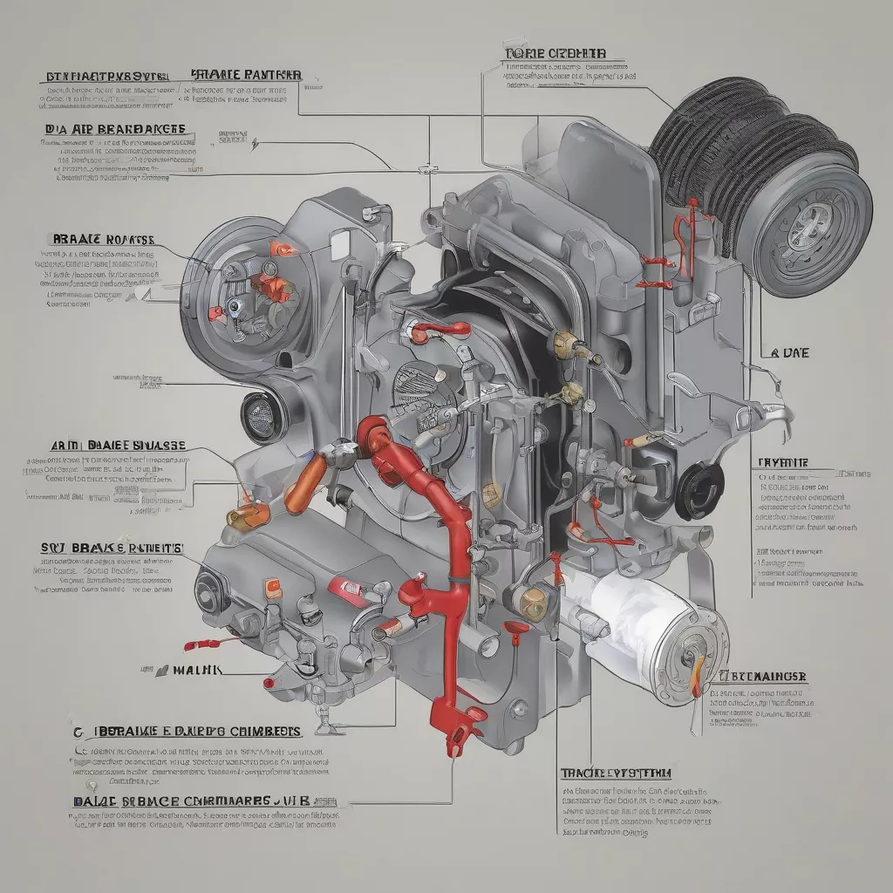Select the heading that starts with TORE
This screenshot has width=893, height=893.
coord(555,54)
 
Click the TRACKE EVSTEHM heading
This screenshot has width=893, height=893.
coord(616,774)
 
